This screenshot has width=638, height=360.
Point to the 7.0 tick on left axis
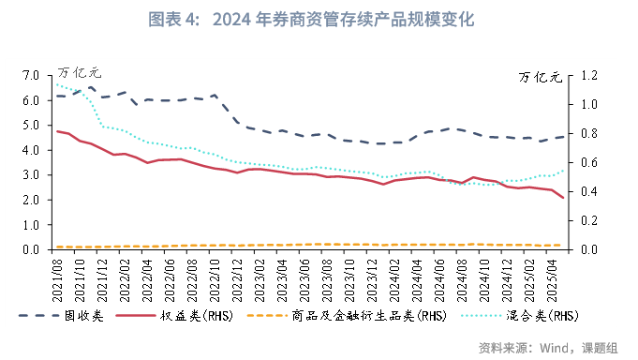30,75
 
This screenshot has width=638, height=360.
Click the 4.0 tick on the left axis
30,150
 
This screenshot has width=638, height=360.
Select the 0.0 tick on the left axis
30,250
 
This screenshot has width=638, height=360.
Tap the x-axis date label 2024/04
420,276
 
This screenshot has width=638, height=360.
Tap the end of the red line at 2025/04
563,198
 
